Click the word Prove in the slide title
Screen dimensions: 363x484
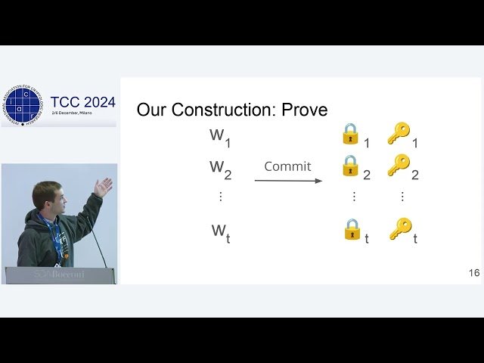coord(304,110)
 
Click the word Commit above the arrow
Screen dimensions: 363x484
coord(287,166)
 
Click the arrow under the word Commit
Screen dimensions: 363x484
coord(288,181)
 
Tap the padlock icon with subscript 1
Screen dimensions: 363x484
coord(350,134)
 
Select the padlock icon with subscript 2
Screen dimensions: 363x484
coord(350,166)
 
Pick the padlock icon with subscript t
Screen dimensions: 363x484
coord(352,229)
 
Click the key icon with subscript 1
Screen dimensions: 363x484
coord(398,134)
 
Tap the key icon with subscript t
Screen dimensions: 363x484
coord(400,229)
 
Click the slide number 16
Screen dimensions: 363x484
coord(474,273)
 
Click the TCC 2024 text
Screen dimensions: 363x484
coord(83,102)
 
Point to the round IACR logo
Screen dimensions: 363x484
coord(22,105)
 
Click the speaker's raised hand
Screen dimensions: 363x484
coord(104,186)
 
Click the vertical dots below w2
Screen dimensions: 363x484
coord(221,196)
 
